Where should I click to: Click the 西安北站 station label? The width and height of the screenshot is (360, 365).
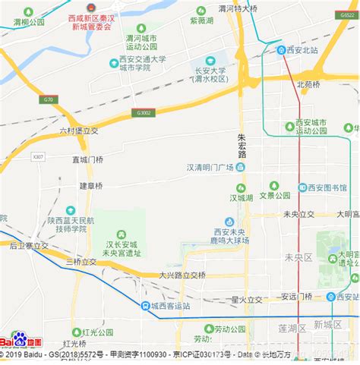[306, 51]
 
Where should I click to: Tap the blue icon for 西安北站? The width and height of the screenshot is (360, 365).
[281, 51]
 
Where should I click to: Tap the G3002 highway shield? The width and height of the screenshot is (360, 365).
[144, 112]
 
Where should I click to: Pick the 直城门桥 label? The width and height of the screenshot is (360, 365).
[88, 160]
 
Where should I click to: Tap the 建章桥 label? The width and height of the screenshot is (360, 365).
[90, 185]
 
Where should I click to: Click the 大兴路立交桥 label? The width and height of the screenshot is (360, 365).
[182, 275]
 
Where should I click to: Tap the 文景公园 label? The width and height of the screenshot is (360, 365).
[275, 195]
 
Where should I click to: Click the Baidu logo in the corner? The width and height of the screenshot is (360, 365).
[21, 341]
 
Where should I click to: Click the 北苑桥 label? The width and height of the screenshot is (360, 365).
[309, 84]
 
